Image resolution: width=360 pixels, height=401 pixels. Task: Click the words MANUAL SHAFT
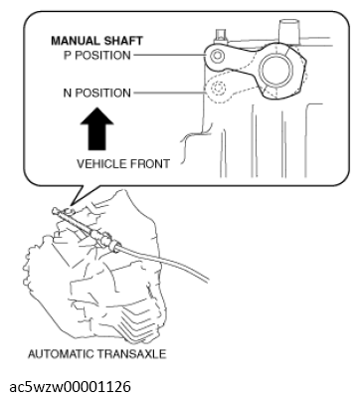pos(96,41)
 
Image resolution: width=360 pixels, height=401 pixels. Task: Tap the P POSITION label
pos(97,55)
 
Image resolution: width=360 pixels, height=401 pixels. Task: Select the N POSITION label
pos(97,93)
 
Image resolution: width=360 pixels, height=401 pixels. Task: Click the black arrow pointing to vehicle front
pos(96,128)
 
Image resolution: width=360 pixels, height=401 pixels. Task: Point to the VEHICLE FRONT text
pos(123,164)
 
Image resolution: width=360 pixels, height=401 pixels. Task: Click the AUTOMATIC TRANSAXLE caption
pos(96,354)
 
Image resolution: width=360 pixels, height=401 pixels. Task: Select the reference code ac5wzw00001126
pos(71,387)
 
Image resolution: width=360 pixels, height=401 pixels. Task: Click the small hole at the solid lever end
pos(217,56)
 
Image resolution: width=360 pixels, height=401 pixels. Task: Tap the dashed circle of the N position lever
pos(218,89)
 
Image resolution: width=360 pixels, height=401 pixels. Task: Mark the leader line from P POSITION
pos(169,55)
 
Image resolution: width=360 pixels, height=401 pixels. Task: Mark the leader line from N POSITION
pos(169,93)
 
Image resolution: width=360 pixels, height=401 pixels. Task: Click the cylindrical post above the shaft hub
pos(289,31)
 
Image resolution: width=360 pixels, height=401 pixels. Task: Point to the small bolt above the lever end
pos(220,36)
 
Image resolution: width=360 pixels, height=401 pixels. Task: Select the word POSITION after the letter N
pos(102,93)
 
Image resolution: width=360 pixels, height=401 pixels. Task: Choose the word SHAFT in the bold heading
pos(123,41)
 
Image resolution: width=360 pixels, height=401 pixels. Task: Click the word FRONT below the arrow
pos(148,164)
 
